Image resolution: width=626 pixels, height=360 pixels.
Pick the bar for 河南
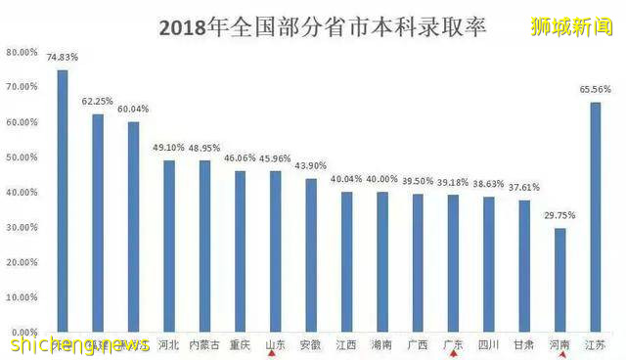(x=559, y=280)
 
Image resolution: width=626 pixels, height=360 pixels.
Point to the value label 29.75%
(x=559, y=215)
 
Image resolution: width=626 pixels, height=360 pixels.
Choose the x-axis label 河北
(x=168, y=344)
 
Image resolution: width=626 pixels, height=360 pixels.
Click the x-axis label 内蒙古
(x=204, y=344)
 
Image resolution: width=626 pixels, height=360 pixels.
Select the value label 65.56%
(x=596, y=89)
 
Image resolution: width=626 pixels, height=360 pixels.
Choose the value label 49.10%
(x=168, y=147)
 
